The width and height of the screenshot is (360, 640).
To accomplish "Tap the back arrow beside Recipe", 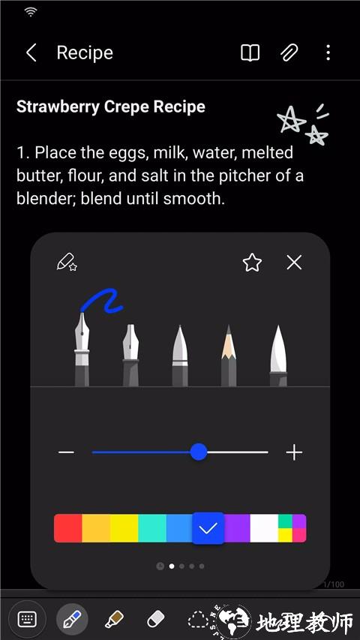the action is (31, 53).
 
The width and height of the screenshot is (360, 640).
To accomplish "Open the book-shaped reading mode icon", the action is (250, 53).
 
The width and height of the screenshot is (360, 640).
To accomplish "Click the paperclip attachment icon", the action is (289, 53).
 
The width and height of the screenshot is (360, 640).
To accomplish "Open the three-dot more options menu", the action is (328, 53).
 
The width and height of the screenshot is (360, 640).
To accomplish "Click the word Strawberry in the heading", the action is (58, 107).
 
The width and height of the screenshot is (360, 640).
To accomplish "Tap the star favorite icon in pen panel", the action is (252, 263).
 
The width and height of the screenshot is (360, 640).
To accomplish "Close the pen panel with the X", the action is (294, 263).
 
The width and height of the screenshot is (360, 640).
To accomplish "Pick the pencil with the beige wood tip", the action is (229, 355).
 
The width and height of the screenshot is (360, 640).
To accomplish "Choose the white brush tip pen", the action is (278, 355).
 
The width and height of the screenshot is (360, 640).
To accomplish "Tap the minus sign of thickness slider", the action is (66, 452).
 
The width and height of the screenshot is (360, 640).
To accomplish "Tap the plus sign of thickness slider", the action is (294, 452).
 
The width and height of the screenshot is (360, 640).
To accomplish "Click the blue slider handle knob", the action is (199, 452).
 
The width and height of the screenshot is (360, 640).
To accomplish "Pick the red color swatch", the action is (67, 528).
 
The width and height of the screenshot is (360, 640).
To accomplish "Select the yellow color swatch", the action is (124, 528).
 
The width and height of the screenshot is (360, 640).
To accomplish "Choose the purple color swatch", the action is (237, 528).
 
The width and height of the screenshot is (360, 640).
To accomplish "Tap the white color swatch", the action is (264, 528).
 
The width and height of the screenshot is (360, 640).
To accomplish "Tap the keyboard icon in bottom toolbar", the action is (27, 619).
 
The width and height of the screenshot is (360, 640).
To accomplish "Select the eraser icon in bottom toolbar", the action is (155, 620).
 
